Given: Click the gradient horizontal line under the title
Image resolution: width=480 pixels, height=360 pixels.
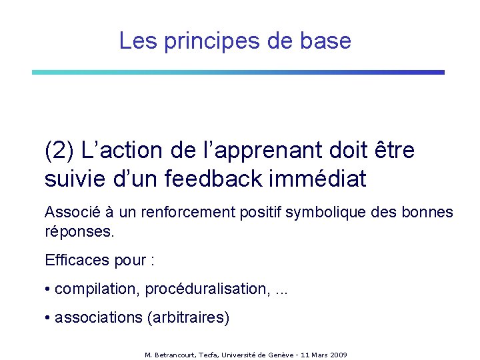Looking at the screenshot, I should coord(238,72).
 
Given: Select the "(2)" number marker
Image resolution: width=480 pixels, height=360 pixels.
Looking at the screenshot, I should coord(59,151).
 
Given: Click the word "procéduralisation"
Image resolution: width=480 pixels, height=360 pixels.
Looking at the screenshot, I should coord(207,289).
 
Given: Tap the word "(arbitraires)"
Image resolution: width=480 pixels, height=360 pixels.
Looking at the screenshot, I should coord(187,317).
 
